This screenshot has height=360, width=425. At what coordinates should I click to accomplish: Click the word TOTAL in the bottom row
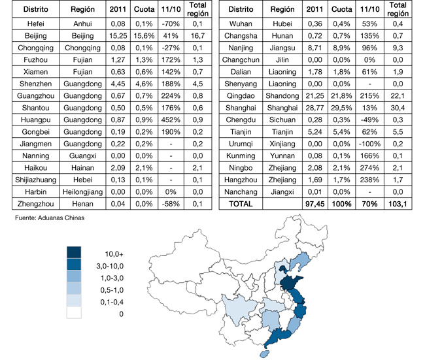[x=240, y=204]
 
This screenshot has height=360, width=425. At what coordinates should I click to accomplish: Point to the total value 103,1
[x=397, y=204]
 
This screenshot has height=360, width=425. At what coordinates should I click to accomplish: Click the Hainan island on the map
[x=263, y=353]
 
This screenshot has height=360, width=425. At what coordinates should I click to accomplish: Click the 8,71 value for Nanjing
[x=314, y=49]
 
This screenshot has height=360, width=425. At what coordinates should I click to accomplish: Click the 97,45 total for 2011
[x=314, y=204]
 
